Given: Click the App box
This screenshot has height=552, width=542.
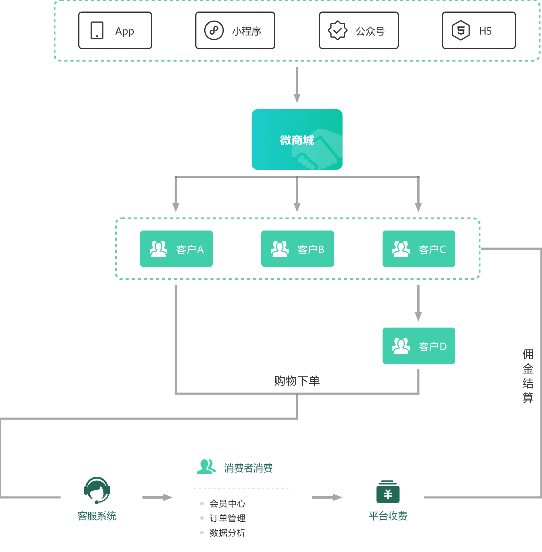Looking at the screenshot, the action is coord(115,30).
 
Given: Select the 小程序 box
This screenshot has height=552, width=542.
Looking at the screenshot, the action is coord(235,30).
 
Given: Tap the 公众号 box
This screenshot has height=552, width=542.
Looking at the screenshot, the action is coord(359,30).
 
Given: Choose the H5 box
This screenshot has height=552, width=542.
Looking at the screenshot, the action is coord(479,30).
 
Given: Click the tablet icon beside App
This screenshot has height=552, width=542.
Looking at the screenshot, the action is coord(97,30).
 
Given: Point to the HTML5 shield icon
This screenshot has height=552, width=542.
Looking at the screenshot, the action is coord(461,30).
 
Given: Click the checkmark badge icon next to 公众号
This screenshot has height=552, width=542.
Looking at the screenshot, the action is coord(337,30).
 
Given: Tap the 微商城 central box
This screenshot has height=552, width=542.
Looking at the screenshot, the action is coord(297,140).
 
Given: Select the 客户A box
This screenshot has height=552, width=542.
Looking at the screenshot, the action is coord(176,249).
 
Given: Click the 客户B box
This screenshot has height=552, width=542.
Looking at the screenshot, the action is coord(298,249).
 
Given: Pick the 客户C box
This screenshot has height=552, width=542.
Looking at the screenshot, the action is coord(419,249).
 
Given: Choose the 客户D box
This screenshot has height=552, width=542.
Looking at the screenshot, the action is coord(419,346).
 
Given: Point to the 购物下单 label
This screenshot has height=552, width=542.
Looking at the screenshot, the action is coord(297,381).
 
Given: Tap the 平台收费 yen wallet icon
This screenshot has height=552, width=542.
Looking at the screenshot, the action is coord(388,491).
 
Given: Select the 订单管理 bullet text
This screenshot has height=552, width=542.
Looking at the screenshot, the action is coord(228,518).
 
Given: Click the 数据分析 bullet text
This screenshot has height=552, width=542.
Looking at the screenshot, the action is coord(228,533).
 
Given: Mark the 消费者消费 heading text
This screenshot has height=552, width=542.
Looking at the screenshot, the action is coord(248,468).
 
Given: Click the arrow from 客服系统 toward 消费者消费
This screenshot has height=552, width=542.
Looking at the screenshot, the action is coord(158,497).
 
